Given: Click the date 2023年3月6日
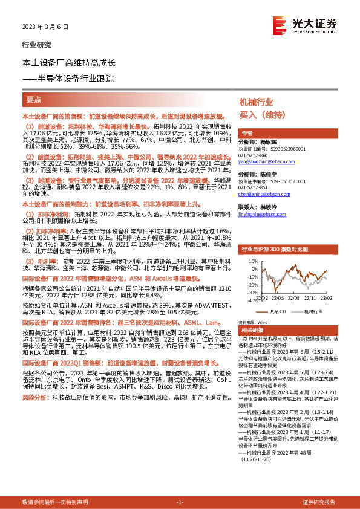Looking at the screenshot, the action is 46,28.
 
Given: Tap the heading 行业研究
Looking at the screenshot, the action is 36,45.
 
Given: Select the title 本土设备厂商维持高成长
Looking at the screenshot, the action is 73,63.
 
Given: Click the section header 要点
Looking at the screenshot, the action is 34,99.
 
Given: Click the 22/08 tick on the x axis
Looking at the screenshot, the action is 294,297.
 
